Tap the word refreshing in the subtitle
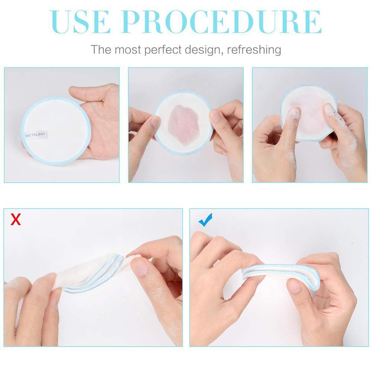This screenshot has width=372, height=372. [x=254, y=49]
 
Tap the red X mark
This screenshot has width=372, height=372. [x=16, y=220]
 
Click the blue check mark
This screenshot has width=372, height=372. [x=205, y=219]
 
